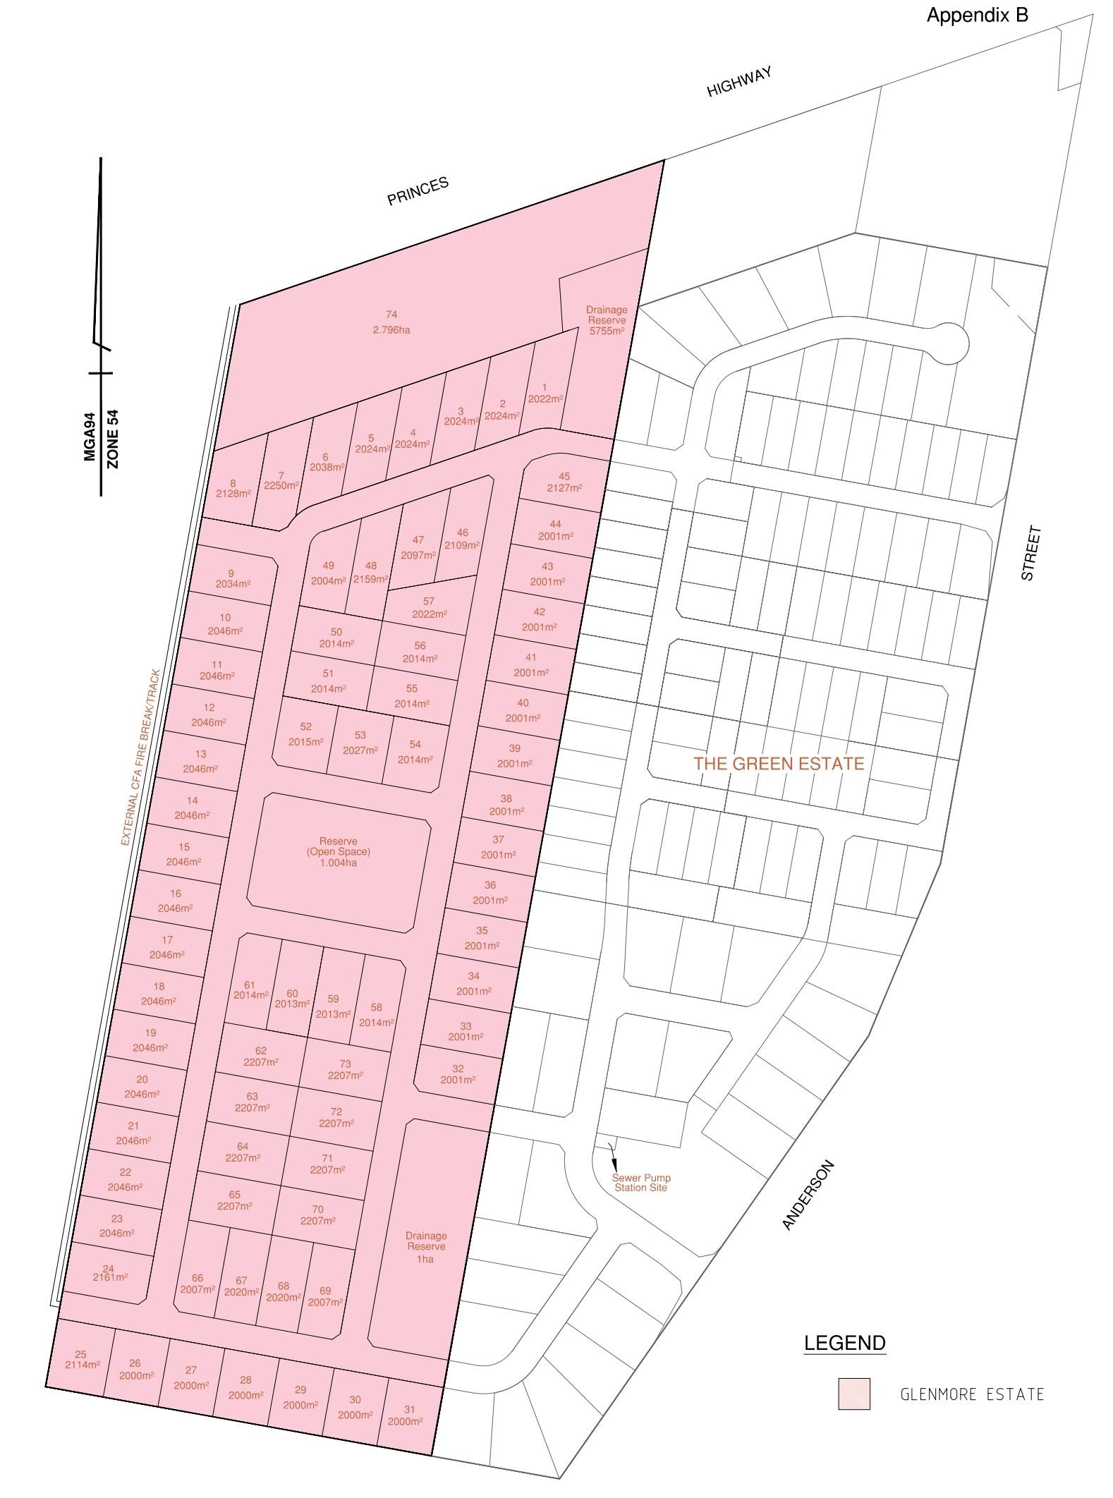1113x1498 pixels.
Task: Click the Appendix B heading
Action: (976, 16)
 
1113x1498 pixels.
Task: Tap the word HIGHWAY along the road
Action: (739, 82)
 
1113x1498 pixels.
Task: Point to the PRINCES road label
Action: (418, 191)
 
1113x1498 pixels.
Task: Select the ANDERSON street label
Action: (808, 1195)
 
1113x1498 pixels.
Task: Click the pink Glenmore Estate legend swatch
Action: (853, 1394)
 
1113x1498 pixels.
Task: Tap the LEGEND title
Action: (844, 1343)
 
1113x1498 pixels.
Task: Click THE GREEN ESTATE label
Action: (779, 763)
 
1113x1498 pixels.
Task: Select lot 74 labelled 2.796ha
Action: (391, 322)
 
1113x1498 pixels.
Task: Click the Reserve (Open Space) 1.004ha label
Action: (338, 851)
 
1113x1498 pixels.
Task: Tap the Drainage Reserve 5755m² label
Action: (607, 320)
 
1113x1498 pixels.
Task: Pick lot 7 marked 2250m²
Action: (281, 480)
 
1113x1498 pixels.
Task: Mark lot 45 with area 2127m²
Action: (564, 482)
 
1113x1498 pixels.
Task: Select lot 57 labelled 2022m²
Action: (429, 607)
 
